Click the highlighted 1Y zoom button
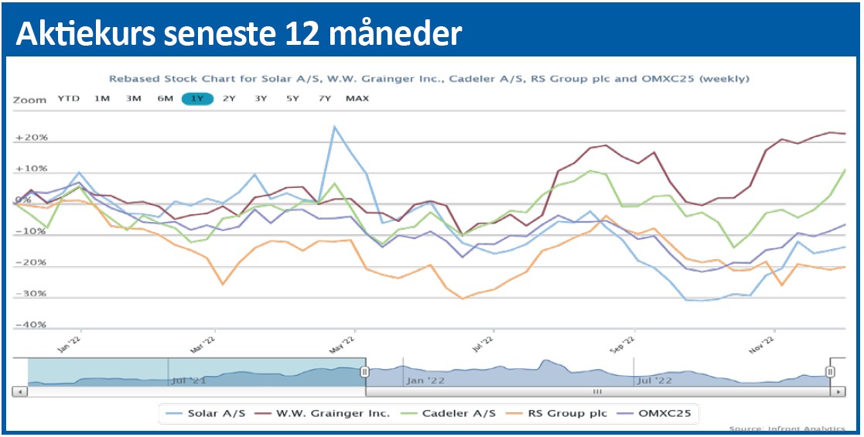click(197, 99)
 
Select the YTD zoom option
click(69, 99)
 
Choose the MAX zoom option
click(357, 99)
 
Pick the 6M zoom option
click(165, 99)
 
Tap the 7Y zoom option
click(325, 99)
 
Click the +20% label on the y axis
click(31, 138)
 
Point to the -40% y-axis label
click(31, 325)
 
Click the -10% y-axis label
click(31, 231)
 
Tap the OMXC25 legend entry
click(662, 414)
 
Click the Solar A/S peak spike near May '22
click(334, 126)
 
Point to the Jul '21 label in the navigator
click(188, 380)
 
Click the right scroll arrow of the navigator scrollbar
click(839, 392)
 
